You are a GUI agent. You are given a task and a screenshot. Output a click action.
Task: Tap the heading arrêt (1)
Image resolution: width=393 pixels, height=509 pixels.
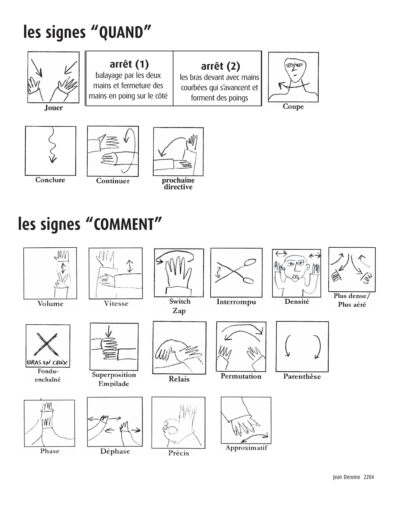pyautogui.click(x=129, y=64)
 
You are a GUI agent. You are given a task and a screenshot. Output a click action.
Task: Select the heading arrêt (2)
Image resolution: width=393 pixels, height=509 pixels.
pyautogui.click(x=221, y=66)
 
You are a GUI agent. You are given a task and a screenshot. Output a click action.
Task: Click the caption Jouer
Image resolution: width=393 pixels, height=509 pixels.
pyautogui.click(x=53, y=108)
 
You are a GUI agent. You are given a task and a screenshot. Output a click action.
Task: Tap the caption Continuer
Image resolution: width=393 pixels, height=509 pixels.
pyautogui.click(x=113, y=181)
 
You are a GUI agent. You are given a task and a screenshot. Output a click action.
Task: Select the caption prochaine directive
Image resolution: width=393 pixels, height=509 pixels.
pyautogui.click(x=178, y=184)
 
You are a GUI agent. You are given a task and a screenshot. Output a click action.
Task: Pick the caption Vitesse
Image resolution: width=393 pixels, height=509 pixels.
pyautogui.click(x=116, y=303)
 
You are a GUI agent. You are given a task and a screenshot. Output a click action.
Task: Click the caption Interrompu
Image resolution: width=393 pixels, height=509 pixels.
pyautogui.click(x=236, y=302)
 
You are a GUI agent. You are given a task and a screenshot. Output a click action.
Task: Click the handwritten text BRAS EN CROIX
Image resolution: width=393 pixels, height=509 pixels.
pyautogui.click(x=47, y=363)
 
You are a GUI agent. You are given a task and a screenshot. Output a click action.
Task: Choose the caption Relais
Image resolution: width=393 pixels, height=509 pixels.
pyautogui.click(x=179, y=379)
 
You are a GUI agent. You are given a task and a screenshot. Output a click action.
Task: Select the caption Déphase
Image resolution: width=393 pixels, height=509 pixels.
pyautogui.click(x=115, y=451)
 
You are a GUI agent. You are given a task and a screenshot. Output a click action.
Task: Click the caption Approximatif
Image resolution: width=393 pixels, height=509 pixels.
pyautogui.click(x=246, y=448)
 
